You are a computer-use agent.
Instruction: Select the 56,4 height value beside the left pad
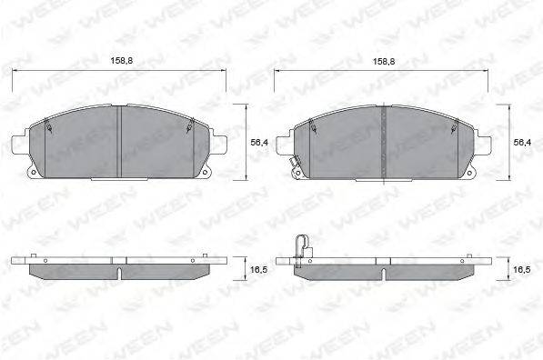tap(258, 143)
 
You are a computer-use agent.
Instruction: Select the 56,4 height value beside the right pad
tap(522, 143)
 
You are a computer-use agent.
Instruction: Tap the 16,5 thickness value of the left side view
tap(258, 270)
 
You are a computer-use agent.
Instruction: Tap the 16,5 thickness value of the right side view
tap(522, 270)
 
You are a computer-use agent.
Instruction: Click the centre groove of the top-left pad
tap(121, 141)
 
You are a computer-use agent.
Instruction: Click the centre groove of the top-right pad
tap(385, 141)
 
